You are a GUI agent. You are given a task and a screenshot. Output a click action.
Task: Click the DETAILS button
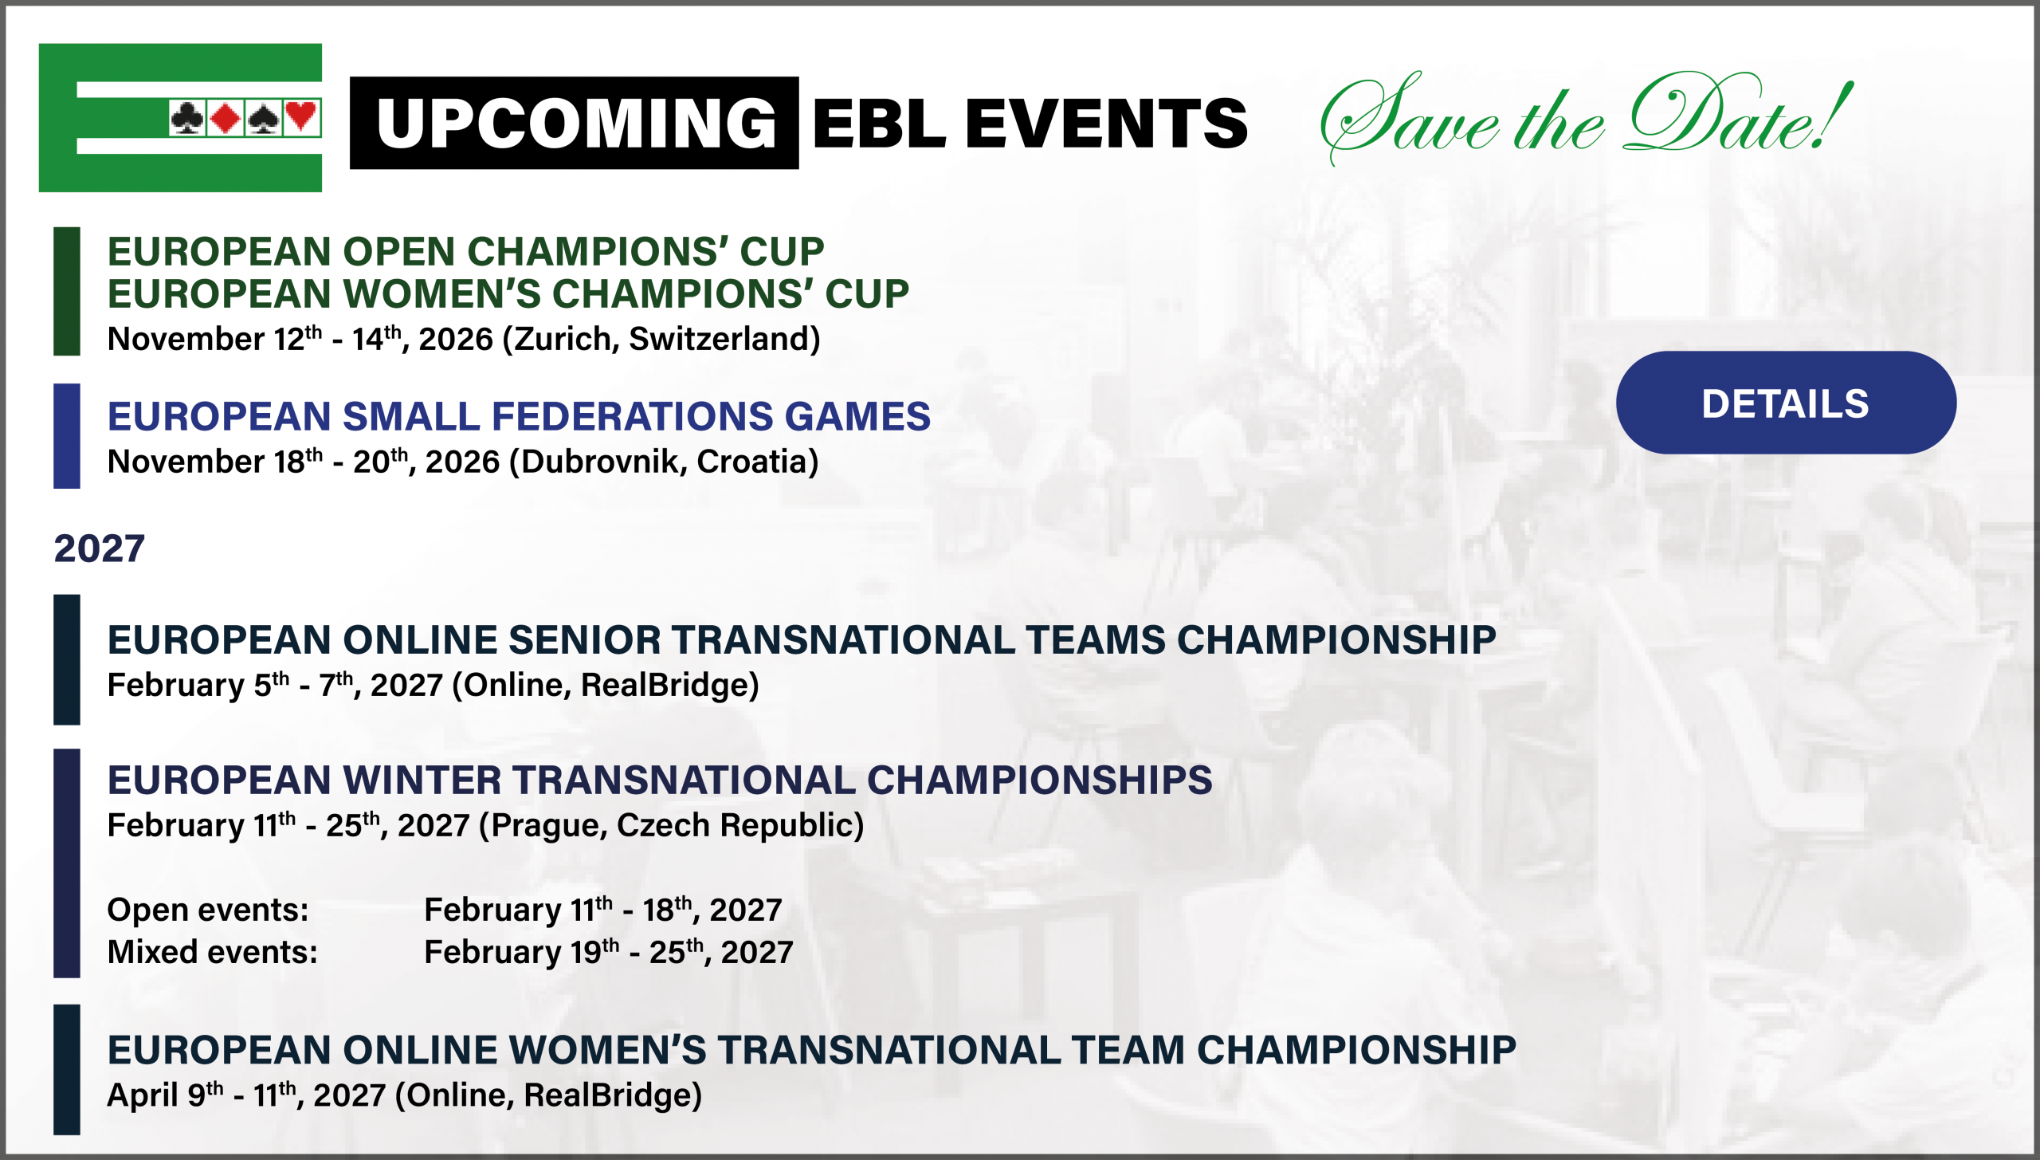click(1786, 403)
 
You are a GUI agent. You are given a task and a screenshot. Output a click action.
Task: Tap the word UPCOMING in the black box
click(576, 124)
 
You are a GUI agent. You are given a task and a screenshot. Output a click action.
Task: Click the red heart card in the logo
click(301, 118)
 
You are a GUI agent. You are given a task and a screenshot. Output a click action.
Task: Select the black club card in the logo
click(187, 118)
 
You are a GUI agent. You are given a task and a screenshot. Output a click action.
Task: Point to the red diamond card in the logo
click(226, 118)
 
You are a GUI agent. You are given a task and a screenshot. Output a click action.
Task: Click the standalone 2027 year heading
click(100, 549)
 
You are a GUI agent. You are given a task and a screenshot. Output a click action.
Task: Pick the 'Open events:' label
click(208, 910)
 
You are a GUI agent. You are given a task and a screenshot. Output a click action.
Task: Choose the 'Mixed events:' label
click(213, 952)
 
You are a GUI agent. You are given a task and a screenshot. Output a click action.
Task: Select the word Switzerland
click(720, 340)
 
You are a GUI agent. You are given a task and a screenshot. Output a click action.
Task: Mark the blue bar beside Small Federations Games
click(67, 436)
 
